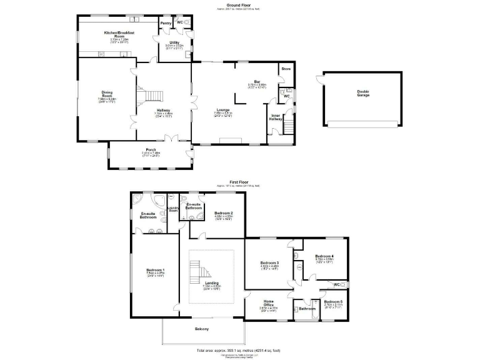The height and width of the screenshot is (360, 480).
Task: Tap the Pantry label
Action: tap(166, 23)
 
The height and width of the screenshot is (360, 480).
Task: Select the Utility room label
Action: tap(174, 42)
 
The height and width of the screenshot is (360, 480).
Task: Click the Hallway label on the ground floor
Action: tap(164, 110)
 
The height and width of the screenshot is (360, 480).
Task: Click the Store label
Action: tap(286, 68)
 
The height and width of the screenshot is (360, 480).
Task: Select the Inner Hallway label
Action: tap(276, 117)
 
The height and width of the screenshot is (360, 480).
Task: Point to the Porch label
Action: tap(151, 149)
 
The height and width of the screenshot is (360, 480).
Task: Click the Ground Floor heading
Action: tap(239, 4)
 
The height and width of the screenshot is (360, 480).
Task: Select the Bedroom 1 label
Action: tap(155, 270)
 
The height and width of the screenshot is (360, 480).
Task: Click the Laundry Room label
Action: tap(173, 209)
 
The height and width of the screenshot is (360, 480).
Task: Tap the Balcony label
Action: tap(201, 329)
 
